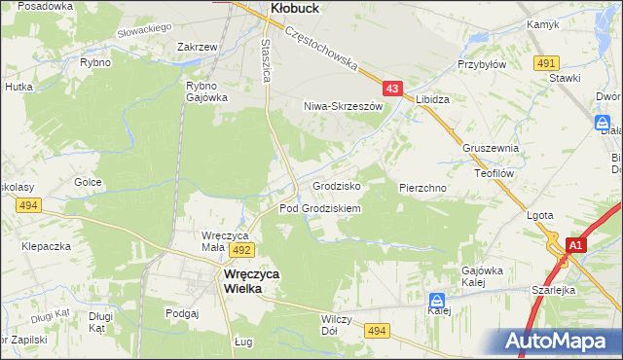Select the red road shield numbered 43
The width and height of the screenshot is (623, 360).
pyautogui.click(x=392, y=89)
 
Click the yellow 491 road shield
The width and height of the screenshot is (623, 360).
pyautogui.click(x=545, y=63)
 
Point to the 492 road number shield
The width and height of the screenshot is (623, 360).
pyautogui.click(x=242, y=250)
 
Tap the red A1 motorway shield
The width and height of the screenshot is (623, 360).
pyautogui.click(x=575, y=246)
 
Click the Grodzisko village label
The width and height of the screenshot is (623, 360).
pyautogui.click(x=337, y=185)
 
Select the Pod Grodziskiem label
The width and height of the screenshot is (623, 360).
pyautogui.click(x=320, y=208)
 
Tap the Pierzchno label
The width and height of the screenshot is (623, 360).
pyautogui.click(x=422, y=186)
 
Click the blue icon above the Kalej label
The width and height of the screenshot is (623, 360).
pyautogui.click(x=438, y=302)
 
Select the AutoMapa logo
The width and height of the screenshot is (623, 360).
pyautogui.click(x=560, y=341)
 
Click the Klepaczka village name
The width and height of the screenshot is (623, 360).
pyautogui.click(x=48, y=246)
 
